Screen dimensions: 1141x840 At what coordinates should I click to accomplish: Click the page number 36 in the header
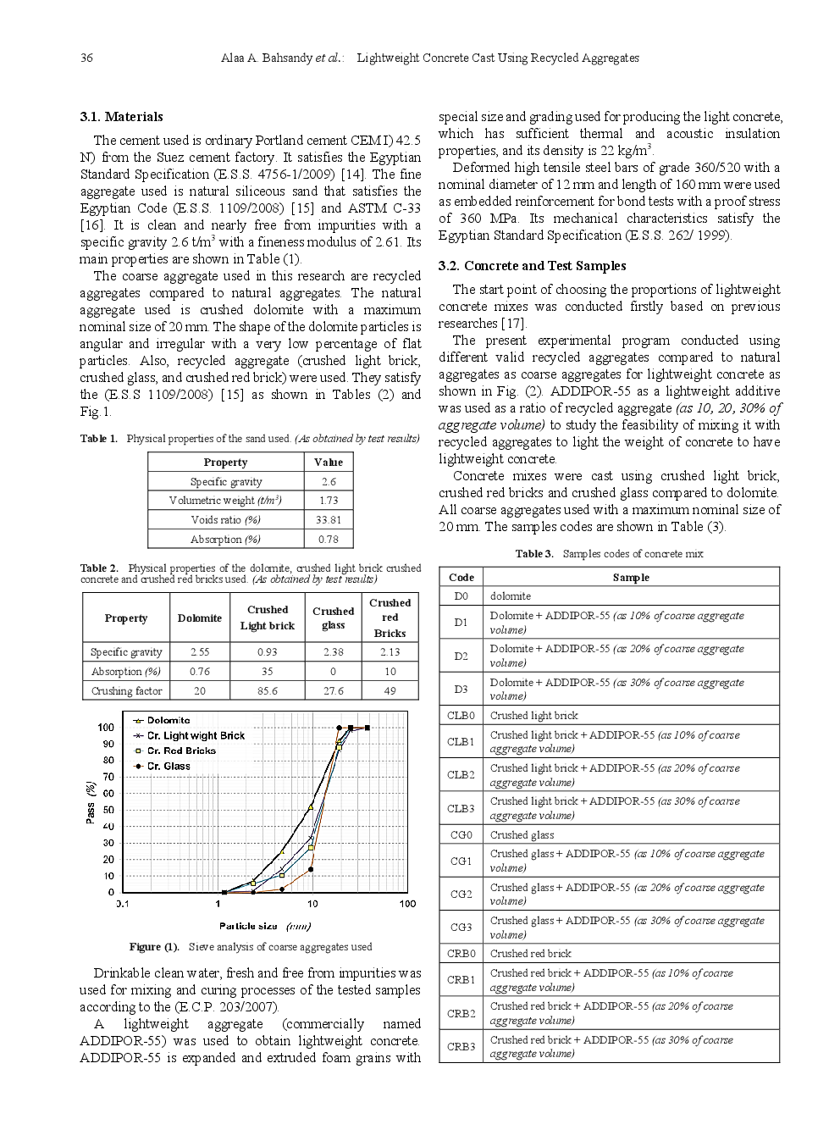(86, 58)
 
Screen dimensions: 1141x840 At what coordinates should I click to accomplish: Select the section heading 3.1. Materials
(121, 117)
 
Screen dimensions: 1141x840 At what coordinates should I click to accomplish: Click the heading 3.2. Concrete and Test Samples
(532, 266)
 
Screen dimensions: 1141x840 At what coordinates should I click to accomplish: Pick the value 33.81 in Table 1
(328, 520)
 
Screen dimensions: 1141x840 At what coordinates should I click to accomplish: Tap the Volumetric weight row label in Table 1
(225, 501)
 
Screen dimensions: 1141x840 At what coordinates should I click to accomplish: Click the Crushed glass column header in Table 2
(333, 618)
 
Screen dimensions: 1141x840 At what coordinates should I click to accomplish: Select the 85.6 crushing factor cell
(267, 690)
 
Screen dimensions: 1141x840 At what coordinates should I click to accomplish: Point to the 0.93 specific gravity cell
(267, 652)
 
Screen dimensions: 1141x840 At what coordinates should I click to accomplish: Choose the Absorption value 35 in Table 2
(267, 672)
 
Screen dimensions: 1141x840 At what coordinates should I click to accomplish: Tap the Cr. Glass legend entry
(169, 767)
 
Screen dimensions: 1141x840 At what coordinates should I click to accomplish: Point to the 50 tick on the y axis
(108, 810)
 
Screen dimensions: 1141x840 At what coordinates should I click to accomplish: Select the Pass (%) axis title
(91, 801)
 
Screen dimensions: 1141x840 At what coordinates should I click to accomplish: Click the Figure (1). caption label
(154, 947)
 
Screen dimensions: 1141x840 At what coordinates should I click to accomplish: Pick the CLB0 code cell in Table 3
(461, 716)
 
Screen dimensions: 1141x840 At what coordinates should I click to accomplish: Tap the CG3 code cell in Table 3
(461, 928)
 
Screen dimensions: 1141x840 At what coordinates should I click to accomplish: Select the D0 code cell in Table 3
(461, 596)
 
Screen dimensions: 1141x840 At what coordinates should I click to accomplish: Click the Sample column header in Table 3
(631, 578)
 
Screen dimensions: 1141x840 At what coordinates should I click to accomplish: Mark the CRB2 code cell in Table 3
(461, 1013)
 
